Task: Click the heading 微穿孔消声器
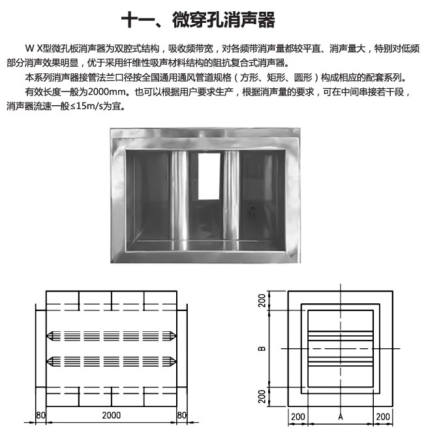224,20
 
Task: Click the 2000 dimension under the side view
112,416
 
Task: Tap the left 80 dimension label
40,416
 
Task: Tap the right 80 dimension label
181,416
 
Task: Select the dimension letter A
341,417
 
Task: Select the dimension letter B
262,348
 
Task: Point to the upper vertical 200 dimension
262,301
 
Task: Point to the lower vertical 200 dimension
262,397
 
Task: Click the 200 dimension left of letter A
298,417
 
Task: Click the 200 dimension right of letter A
383,417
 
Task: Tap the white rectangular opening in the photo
209,176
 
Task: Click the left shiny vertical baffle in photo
179,197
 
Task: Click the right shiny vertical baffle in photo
232,197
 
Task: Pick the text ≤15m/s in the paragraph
82,107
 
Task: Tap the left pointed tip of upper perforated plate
47,336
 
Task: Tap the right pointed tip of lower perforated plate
176,361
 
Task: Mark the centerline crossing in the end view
341,348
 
